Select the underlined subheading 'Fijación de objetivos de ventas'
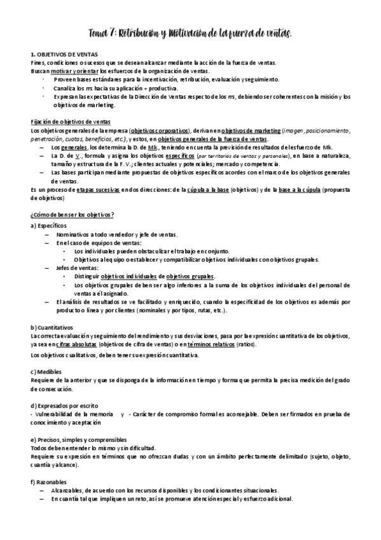(x=71, y=122)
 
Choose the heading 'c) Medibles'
(x=48, y=372)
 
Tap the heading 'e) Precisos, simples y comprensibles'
(x=81, y=440)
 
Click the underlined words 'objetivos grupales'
(x=187, y=277)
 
